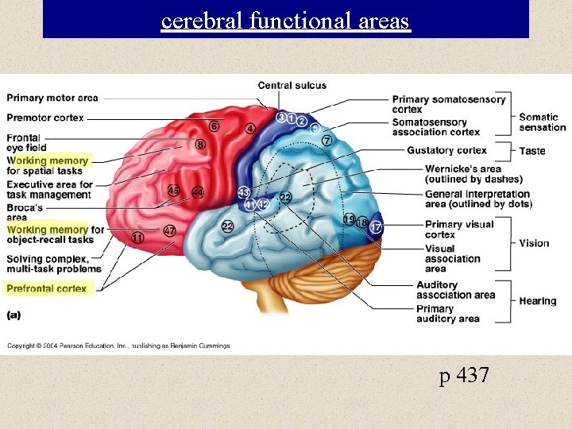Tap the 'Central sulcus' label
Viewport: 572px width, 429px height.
point(292,86)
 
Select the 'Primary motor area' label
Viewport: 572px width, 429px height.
point(52,98)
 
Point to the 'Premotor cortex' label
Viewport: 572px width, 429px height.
point(45,118)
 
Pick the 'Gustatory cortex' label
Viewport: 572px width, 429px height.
point(446,150)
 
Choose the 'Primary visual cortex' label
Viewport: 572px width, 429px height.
point(459,229)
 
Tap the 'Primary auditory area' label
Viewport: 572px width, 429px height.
point(448,314)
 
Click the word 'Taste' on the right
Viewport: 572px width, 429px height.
point(532,151)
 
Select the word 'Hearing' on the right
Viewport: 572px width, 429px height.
point(538,301)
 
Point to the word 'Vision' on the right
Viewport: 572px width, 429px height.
point(535,243)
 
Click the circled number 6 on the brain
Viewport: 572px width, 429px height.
point(214,126)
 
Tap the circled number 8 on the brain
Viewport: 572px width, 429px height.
point(200,145)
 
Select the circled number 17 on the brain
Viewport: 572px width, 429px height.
point(376,228)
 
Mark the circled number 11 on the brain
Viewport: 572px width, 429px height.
point(138,238)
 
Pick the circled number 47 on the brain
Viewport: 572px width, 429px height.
point(169,230)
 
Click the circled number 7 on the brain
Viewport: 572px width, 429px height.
point(327,141)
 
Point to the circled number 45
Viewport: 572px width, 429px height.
point(174,191)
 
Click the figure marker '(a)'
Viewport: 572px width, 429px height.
point(14,314)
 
